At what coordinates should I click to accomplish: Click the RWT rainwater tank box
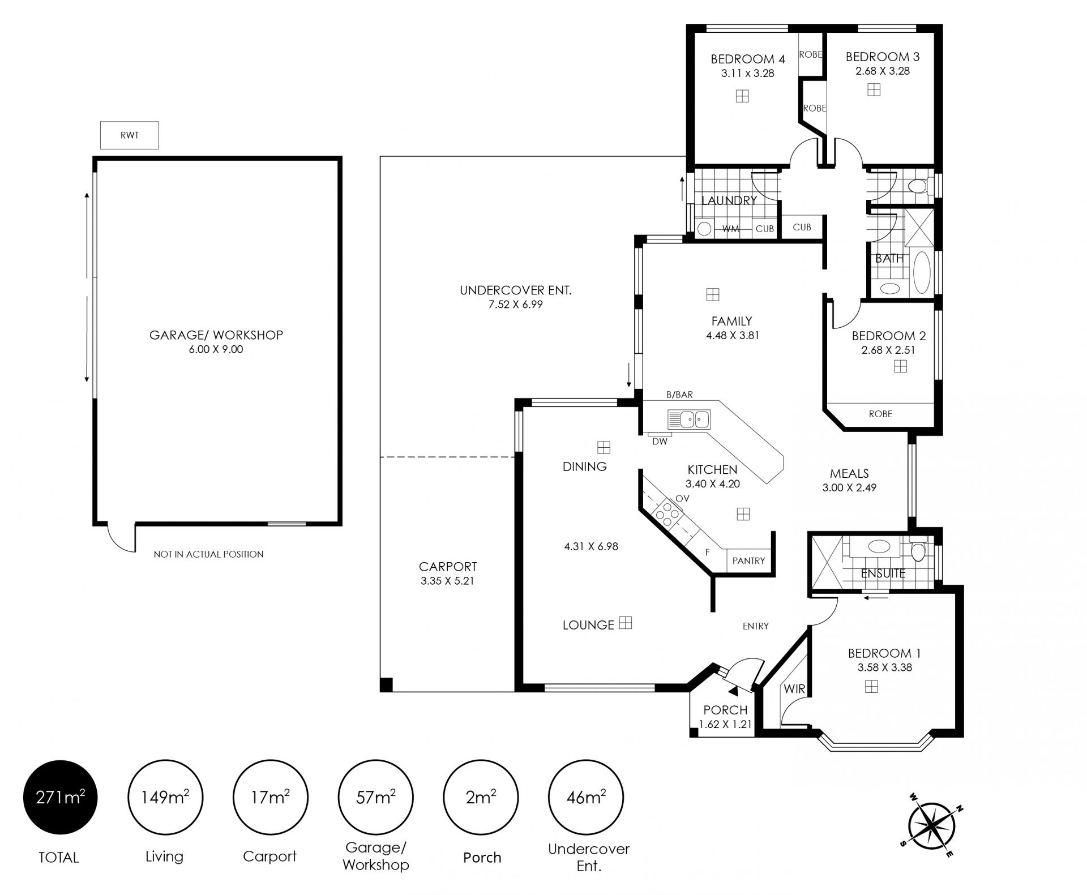[130, 135]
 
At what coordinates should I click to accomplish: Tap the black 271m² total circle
[60, 797]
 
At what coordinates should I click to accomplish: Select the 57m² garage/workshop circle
[375, 797]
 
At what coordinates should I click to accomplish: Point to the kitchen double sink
[689, 419]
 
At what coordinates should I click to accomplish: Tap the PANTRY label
[748, 560]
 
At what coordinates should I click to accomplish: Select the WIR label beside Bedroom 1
[794, 689]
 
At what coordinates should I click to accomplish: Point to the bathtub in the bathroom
[921, 272]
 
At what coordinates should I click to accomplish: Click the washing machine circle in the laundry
[704, 229]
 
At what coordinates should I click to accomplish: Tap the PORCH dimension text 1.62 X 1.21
[725, 724]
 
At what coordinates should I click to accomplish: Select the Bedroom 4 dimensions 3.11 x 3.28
[747, 73]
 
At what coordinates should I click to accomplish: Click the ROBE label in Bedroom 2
[880, 414]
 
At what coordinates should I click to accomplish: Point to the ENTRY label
[756, 626]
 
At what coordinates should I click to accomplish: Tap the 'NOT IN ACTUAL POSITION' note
[208, 554]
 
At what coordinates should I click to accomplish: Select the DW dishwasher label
[660, 442]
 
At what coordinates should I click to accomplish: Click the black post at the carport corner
[386, 684]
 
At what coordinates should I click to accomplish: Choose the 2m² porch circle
[481, 797]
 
